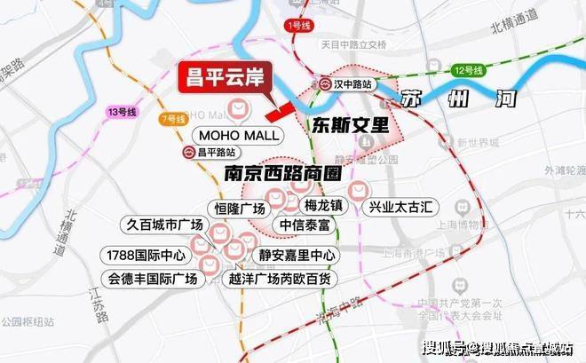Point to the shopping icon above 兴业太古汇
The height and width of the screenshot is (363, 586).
(358, 189)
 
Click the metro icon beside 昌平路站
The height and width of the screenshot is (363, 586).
(188, 153)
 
